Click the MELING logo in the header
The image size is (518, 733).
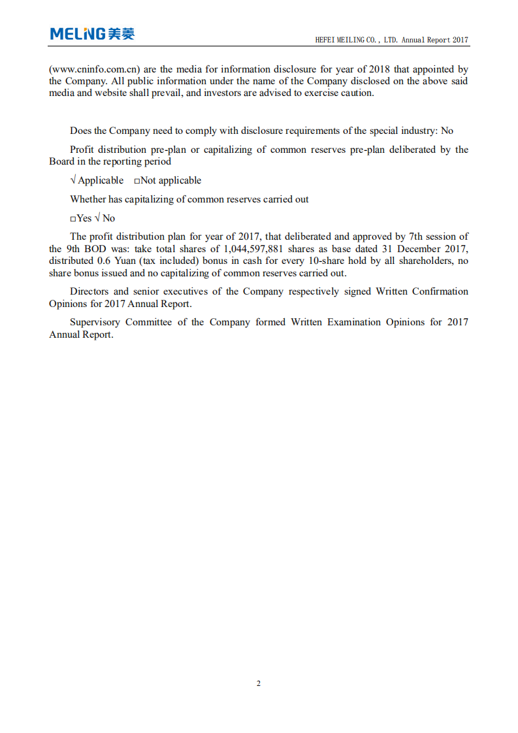[92, 34]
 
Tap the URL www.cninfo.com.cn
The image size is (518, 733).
[95, 69]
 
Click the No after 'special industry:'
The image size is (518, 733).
[447, 131]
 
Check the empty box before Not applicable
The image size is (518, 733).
[137, 181]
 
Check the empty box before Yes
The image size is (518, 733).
[73, 219]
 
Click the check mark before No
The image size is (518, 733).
[97, 218]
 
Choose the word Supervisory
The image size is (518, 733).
[95, 322]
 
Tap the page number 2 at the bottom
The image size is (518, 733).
[259, 683]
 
